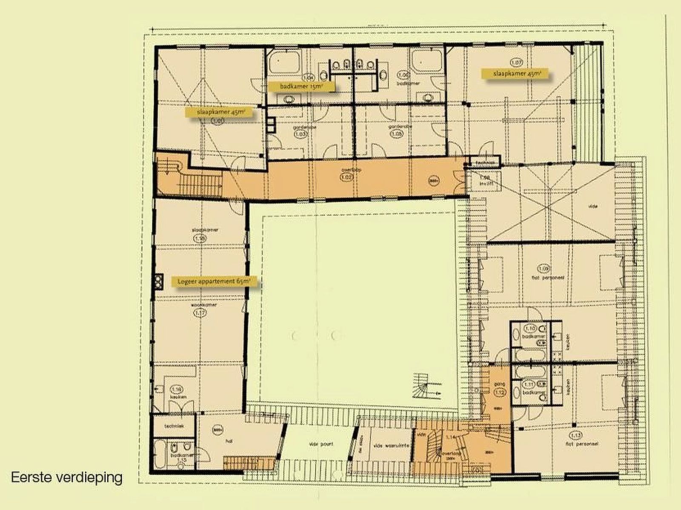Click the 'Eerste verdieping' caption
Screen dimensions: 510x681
tap(67, 477)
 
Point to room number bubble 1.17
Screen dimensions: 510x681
tap(200, 313)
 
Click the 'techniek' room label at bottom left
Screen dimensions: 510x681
tap(175, 426)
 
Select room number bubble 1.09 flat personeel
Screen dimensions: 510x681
tap(544, 269)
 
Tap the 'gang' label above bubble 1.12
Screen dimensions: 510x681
tap(499, 384)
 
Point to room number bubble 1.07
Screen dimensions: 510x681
tap(516, 62)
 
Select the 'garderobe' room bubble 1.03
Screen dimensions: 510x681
tap(300, 134)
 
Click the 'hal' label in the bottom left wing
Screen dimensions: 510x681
tap(229, 441)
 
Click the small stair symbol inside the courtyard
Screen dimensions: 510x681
tap(423, 385)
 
